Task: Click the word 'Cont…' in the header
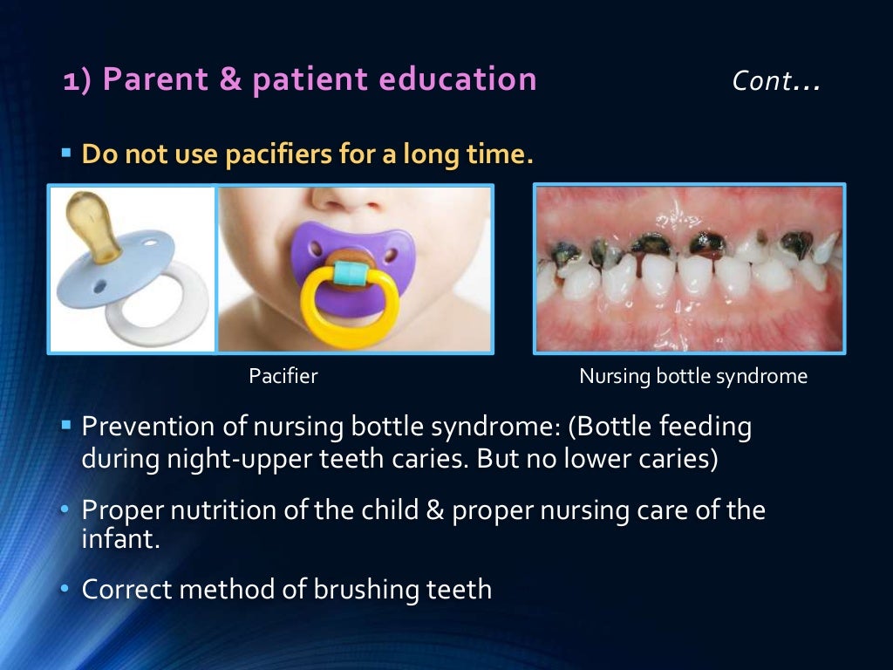[x=775, y=81]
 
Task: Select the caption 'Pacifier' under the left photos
[x=283, y=377]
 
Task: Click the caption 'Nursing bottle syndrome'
[x=693, y=377]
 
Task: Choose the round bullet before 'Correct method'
[x=65, y=590]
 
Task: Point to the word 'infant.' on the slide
[x=120, y=538]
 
